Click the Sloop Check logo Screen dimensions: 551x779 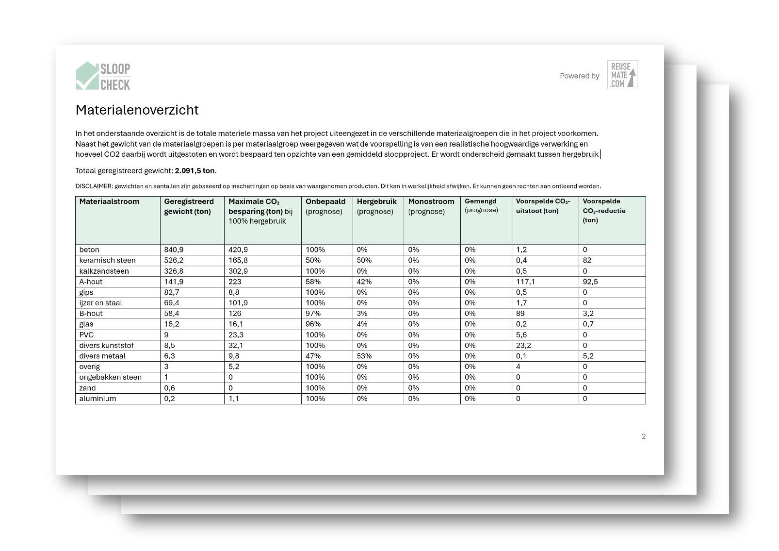coord(103,76)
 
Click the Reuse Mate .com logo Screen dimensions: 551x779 coord(622,75)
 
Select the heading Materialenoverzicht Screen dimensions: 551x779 coord(137,110)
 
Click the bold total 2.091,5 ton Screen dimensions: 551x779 coord(195,171)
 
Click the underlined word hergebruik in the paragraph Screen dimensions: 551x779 coord(580,154)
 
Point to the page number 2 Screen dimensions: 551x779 coord(644,436)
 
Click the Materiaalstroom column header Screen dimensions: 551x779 coord(109,201)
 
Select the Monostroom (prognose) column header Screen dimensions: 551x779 coord(431,206)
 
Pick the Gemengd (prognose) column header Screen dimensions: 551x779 coord(481,205)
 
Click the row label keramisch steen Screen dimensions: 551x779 coord(108,260)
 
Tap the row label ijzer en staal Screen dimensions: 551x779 coord(101,303)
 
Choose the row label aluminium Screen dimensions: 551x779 coord(98,399)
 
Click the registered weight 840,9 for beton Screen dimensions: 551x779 coord(174,250)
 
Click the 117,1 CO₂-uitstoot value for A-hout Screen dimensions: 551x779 coord(525,282)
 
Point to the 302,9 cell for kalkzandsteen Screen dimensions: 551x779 coord(238,271)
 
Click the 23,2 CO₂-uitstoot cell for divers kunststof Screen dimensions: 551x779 coord(523,345)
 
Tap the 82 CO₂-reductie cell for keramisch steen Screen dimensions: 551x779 coord(587,260)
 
